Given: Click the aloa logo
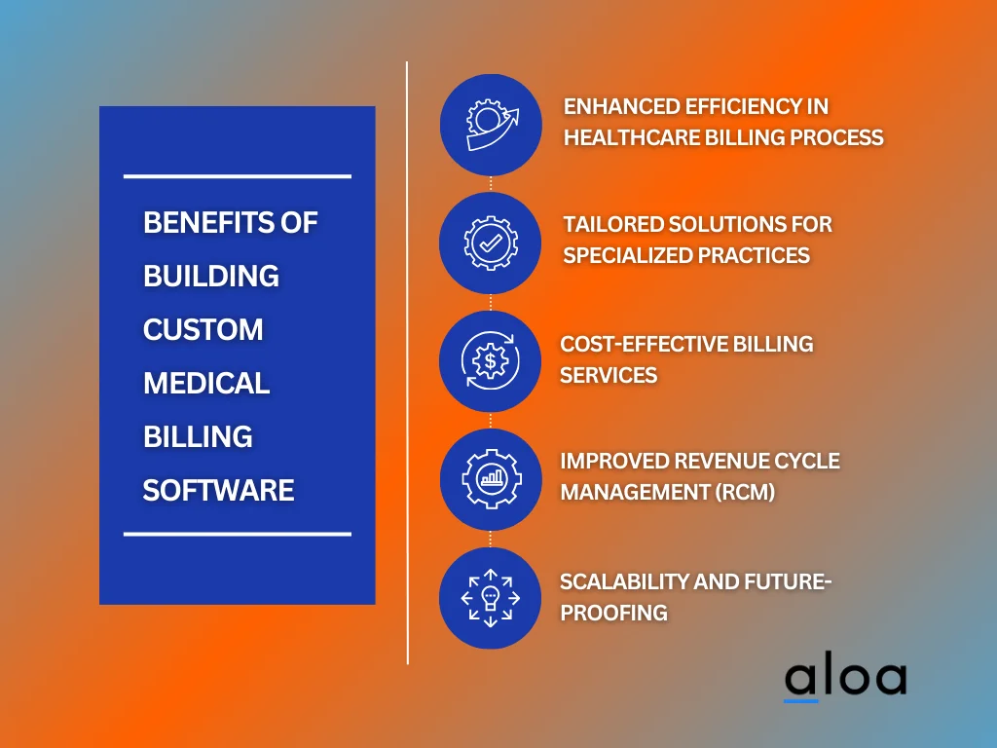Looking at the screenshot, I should (x=845, y=679).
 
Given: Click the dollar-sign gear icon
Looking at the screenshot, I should (x=491, y=361).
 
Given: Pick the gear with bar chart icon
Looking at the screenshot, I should (x=491, y=479).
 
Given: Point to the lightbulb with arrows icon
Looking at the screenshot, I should (x=491, y=597).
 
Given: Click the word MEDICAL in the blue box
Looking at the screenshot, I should (x=206, y=384).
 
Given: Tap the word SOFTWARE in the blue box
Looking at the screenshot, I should (x=218, y=490).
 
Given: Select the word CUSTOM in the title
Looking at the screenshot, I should (x=203, y=330).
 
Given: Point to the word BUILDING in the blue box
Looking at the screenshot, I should (x=211, y=277).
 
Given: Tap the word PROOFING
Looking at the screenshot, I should (x=613, y=613).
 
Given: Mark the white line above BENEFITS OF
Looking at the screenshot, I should (x=238, y=176).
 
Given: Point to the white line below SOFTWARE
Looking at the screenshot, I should (x=238, y=534).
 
